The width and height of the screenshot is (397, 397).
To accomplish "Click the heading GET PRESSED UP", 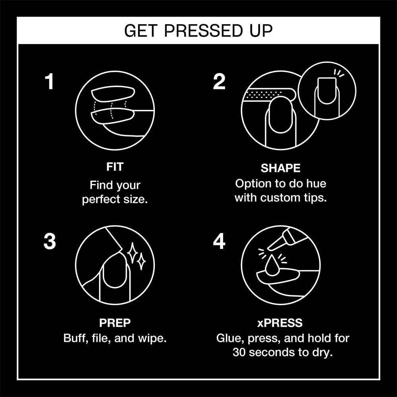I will (198, 31).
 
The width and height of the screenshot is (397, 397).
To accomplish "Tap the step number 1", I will (49, 82).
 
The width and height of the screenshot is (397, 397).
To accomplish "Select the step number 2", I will (219, 82).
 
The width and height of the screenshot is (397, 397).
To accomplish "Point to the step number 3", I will (49, 242).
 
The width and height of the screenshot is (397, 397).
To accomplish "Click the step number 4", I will (219, 242).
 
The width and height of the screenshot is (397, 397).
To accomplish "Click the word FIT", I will (115, 167).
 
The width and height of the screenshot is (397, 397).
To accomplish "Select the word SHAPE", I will (280, 168).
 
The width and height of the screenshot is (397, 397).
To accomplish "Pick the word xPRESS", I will (280, 323).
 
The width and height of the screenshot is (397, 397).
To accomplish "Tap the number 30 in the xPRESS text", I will (240, 352).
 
